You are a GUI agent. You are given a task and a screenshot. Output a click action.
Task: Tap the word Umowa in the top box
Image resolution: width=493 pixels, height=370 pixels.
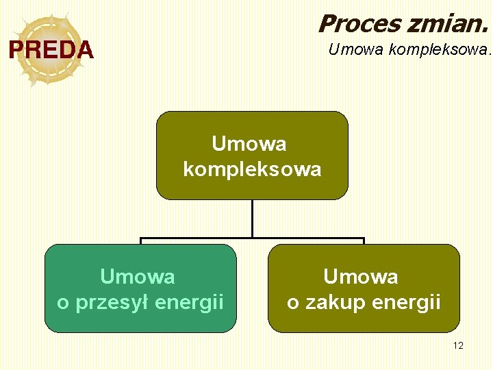coord(249,144)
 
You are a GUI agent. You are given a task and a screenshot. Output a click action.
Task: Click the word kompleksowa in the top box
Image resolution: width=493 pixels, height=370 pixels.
coord(252,169)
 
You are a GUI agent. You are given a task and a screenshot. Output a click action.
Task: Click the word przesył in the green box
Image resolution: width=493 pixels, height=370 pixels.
coord(113,302)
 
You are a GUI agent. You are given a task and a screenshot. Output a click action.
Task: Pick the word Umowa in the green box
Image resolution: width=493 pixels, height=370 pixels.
coord(138,277)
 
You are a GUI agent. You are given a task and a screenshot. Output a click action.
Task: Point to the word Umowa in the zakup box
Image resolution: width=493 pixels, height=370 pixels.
coord(361,277)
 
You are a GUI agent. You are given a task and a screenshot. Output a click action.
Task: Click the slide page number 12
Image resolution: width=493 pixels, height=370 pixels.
coord(458,345)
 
